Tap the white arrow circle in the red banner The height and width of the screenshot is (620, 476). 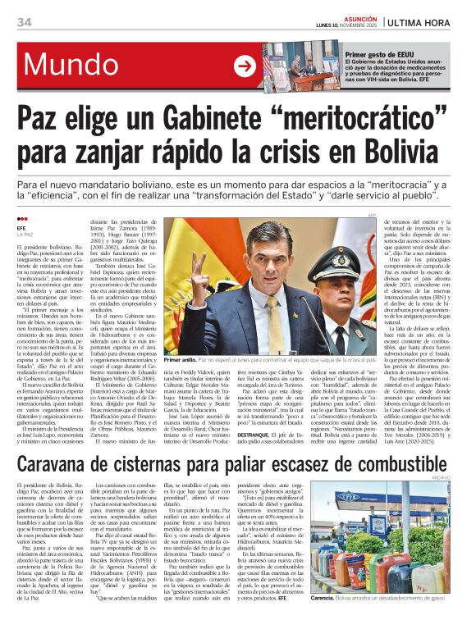[245, 66]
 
